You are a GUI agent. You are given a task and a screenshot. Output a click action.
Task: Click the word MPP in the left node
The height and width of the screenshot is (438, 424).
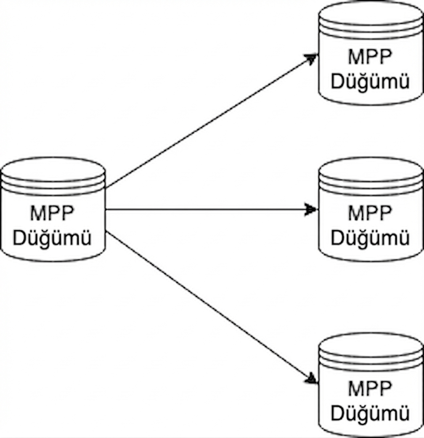coord(52,213)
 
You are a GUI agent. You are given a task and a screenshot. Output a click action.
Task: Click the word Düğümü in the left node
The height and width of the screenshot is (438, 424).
coord(52,239)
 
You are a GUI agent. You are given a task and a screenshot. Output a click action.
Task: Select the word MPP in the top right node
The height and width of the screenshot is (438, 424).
coord(370,57)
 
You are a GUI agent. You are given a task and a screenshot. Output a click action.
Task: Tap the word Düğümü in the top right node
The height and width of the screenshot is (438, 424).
coord(370,82)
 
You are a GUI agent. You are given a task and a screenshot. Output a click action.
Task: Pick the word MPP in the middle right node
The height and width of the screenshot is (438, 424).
coord(370,213)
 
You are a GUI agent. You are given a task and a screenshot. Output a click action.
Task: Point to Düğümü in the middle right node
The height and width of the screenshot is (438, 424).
coord(370,239)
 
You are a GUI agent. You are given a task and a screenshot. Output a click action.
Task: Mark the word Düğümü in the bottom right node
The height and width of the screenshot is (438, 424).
coord(370,414)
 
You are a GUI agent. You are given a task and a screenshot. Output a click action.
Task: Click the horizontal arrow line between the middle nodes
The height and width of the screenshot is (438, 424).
coord(206,210)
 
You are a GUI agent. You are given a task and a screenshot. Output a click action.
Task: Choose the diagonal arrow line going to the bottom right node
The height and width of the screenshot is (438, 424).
coord(208,305)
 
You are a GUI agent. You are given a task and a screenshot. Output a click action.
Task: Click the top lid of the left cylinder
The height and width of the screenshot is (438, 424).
coord(53,168)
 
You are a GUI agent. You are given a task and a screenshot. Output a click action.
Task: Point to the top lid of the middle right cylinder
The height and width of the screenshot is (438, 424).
coord(371,168)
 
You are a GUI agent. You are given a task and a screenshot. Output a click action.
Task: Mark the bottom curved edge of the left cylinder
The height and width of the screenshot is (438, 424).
coord(53,260)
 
